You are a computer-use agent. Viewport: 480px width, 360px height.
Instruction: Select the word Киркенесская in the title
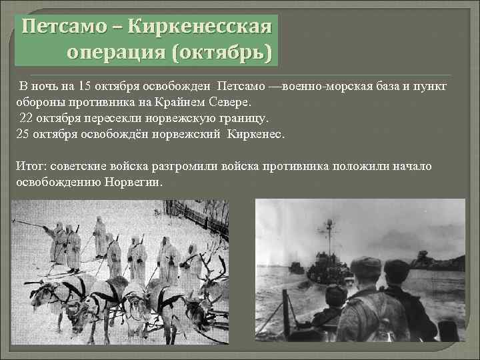199,28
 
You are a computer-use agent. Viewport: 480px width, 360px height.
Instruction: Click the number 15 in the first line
85,87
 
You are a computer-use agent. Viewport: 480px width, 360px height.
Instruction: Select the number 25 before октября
22,134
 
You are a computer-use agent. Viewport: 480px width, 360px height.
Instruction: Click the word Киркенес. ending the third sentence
256,134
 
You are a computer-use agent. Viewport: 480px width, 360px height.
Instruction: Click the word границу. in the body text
237,119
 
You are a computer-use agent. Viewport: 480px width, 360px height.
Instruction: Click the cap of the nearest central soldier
366,266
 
